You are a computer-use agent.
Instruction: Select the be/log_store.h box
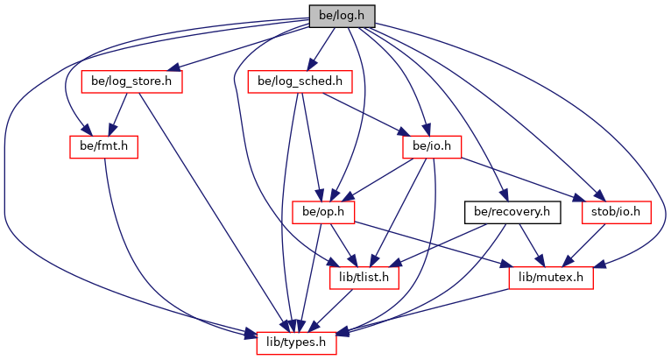(131, 81)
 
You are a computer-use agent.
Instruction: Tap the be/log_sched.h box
(300, 81)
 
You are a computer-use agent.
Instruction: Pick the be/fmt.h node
(104, 146)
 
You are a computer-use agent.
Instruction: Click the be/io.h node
(432, 146)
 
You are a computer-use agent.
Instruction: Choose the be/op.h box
(321, 211)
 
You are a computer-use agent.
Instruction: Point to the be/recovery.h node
(512, 211)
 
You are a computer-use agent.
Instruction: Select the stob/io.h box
(616, 211)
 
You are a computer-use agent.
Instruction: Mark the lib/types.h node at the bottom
(296, 342)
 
